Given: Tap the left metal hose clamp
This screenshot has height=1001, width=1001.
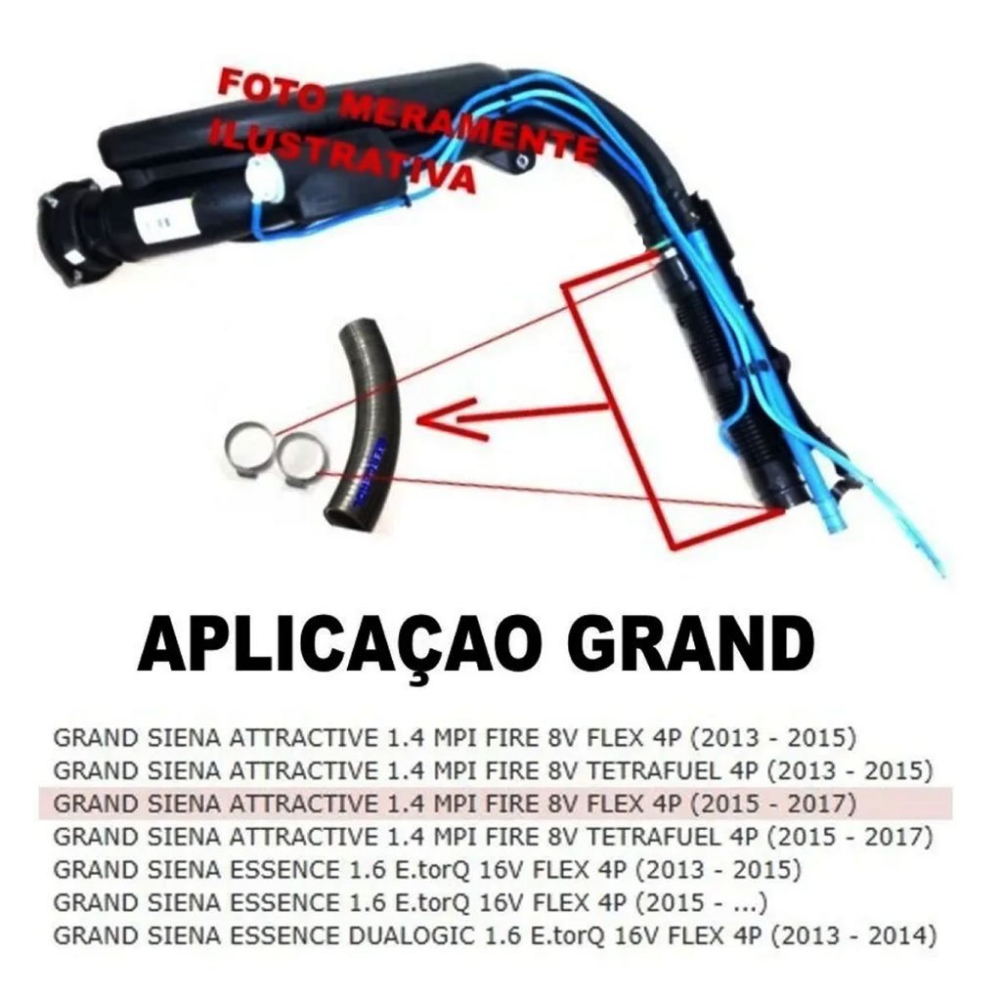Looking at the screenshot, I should point(253,449).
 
